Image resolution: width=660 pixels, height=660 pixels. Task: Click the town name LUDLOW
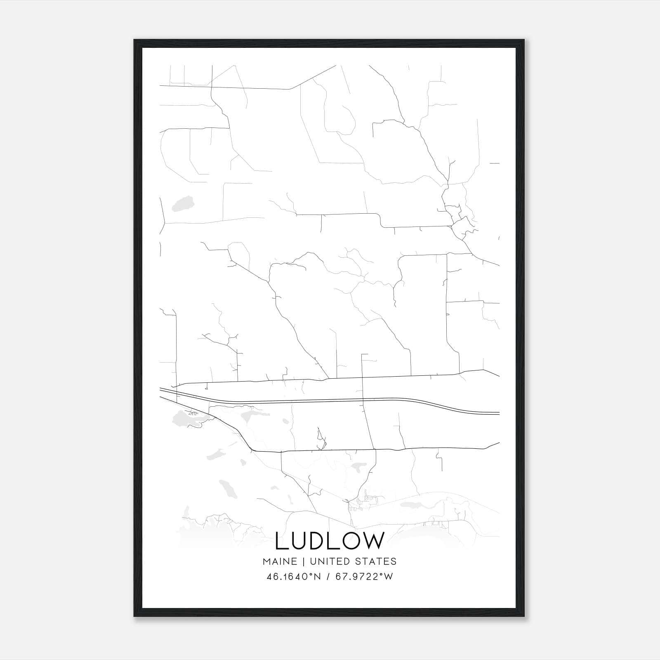click(330, 541)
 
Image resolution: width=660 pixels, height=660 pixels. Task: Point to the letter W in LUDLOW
click(373, 541)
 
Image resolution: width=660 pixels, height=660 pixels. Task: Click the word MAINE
click(279, 561)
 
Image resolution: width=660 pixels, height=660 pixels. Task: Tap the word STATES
click(376, 561)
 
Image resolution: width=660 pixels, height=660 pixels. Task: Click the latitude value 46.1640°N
click(294, 576)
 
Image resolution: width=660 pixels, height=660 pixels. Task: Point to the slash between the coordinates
click(328, 576)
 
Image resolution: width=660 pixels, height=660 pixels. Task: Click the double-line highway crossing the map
click(330, 399)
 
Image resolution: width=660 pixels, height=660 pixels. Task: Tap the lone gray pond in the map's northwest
click(182, 203)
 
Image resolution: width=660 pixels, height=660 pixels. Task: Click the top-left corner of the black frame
click(135, 40)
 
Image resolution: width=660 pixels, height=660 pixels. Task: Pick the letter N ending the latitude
click(318, 576)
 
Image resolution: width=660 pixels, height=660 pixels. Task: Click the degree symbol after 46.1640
click(311, 573)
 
